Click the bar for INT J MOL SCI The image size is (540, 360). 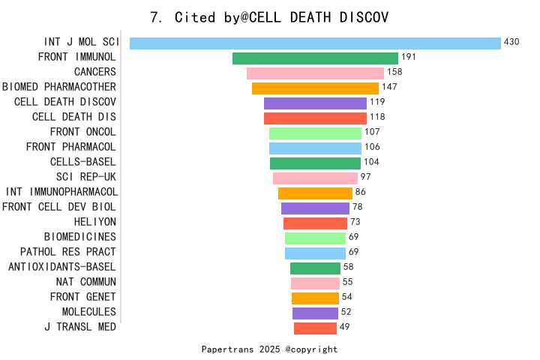tap(315, 43)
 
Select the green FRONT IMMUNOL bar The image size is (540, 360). tap(315, 58)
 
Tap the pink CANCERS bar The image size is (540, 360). tap(315, 73)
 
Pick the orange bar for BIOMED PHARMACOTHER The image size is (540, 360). tap(315, 88)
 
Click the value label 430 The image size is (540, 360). tap(511, 43)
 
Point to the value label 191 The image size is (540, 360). tap(409, 58)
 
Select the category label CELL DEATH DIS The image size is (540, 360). tap(73, 117)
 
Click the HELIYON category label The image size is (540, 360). tap(94, 222)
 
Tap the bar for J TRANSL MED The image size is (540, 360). tap(315, 328)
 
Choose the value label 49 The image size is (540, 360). tap(345, 327)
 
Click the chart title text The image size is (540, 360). tap(269, 17)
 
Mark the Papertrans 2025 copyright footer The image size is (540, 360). tap(269, 349)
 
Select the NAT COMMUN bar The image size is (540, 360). tap(315, 283)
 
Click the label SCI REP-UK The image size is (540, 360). tap(85, 177)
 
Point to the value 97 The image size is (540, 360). tap(366, 177)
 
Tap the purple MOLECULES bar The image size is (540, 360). tap(315, 313)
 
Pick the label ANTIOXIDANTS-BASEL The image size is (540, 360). tap(61, 267)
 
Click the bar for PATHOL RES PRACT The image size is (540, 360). tap(315, 253)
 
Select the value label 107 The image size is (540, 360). tap(372, 132)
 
